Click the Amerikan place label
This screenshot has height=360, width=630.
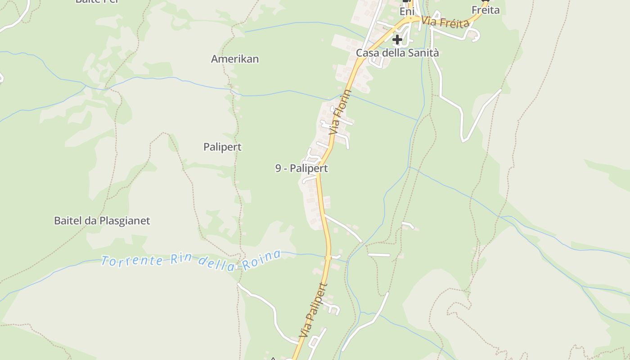(235, 59)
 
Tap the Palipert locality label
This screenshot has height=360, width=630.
(222, 147)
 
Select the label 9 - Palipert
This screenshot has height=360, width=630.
(301, 168)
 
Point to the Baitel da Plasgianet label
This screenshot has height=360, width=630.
(102, 221)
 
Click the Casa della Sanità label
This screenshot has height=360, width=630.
(397, 53)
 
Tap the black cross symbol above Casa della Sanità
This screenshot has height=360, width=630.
(397, 40)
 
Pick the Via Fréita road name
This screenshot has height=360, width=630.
(446, 22)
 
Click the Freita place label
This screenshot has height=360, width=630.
(486, 10)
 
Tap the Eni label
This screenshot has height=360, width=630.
(406, 12)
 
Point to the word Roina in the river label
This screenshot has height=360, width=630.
(261, 261)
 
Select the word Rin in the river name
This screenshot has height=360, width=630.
(181, 260)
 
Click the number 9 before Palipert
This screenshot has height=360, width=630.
(279, 168)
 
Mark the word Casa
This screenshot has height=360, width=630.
(366, 53)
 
